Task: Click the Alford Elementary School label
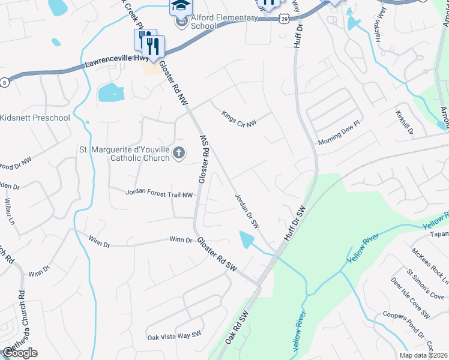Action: pyautogui.click(x=224, y=22)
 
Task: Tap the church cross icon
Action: pyautogui.click(x=178, y=154)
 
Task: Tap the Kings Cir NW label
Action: pyautogui.click(x=238, y=118)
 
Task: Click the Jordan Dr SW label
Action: pyautogui.click(x=247, y=211)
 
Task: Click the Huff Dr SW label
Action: pyautogui.click(x=297, y=221)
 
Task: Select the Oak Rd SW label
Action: pyautogui.click(x=237, y=326)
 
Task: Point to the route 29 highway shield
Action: pyautogui.click(x=283, y=19)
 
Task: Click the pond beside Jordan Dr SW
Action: pyautogui.click(x=246, y=240)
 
